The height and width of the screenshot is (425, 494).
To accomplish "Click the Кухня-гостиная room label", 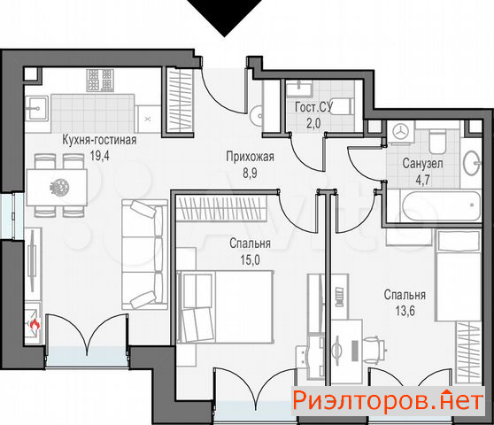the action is (99, 140).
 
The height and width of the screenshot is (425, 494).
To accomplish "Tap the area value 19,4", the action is (99, 156).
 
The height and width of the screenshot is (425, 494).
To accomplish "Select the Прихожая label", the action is (251, 157).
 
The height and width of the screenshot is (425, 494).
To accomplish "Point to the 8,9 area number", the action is (250, 173).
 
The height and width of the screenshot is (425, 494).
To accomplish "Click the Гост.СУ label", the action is (313, 107).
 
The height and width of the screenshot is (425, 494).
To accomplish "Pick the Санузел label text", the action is (422, 163).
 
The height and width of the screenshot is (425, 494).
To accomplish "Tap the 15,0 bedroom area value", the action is (251, 260).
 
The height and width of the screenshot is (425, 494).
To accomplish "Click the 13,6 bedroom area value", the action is (405, 311).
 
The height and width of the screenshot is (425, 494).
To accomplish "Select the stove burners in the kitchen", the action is (100, 81).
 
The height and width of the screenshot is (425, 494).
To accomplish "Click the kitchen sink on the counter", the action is (37, 109).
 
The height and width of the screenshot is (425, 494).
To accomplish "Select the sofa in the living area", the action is (144, 255).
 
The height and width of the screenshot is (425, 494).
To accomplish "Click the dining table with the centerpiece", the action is (57, 187).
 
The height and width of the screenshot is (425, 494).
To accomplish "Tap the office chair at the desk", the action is (374, 349).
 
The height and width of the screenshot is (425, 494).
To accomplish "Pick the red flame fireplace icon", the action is (35, 323).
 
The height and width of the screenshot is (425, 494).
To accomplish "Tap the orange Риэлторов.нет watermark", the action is (388, 401).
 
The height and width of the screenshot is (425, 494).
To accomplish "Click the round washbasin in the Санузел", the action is (472, 163).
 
